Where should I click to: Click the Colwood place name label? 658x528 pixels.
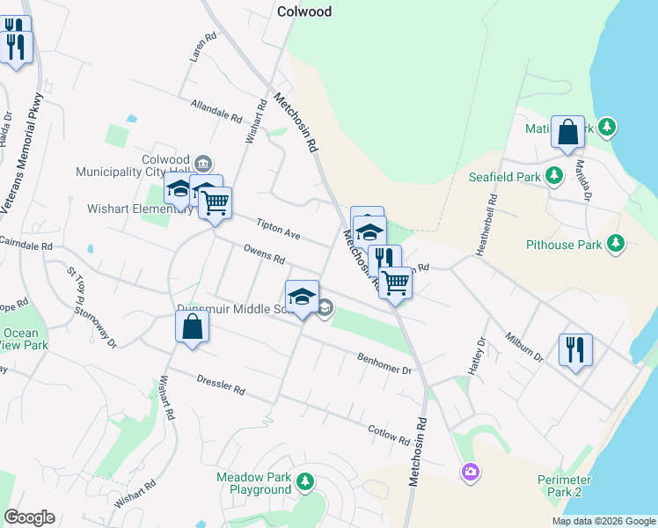(303, 11)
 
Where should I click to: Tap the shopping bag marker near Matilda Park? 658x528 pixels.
(567, 132)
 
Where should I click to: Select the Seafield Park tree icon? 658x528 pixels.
(554, 174)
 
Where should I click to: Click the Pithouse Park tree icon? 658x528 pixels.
(616, 242)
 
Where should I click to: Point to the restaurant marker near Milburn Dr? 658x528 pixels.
(575, 349)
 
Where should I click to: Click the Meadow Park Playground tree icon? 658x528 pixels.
(304, 481)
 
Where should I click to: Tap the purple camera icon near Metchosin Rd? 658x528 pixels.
(471, 473)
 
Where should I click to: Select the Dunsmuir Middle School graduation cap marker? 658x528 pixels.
(302, 297)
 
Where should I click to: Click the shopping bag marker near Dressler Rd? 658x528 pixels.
(192, 327)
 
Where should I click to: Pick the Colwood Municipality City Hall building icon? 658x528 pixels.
(203, 162)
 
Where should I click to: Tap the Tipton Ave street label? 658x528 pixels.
(279, 231)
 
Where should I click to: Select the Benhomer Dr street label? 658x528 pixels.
(384, 363)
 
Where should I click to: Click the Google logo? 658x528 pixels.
(29, 517)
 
